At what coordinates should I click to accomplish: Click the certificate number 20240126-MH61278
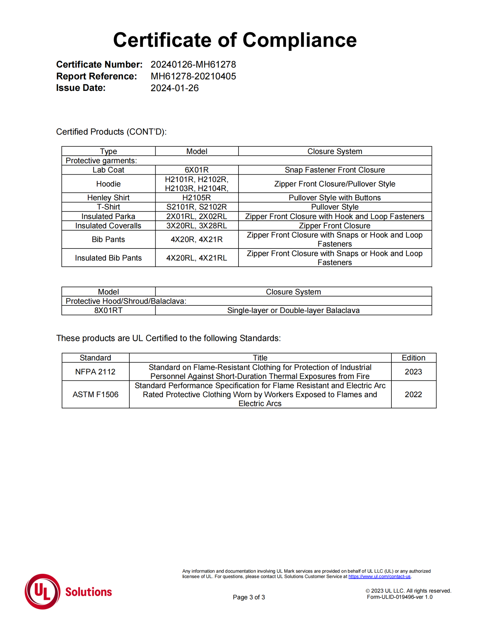(x=193, y=64)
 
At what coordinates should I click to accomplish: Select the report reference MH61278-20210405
(x=193, y=76)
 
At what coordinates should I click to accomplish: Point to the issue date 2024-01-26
(x=174, y=88)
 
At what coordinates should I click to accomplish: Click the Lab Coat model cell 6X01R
(x=196, y=170)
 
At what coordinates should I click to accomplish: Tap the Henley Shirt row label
(x=108, y=198)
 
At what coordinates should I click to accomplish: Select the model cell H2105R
(x=196, y=198)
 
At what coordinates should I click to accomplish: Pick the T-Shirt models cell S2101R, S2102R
(x=196, y=207)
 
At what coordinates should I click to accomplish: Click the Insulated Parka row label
(x=108, y=216)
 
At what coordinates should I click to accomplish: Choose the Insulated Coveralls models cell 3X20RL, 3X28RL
(x=196, y=226)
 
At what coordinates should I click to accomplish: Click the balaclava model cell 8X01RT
(x=108, y=310)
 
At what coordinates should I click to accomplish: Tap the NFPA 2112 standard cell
(x=95, y=372)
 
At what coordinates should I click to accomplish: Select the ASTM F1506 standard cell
(x=95, y=394)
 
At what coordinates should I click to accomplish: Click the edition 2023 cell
(x=413, y=372)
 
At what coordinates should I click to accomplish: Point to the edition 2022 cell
(x=413, y=394)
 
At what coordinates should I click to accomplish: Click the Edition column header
(x=413, y=358)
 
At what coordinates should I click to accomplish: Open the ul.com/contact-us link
(x=379, y=576)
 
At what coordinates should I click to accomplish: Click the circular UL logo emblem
(x=42, y=591)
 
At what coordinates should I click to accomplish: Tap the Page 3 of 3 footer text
(x=249, y=597)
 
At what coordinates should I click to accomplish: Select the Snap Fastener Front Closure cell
(x=334, y=170)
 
